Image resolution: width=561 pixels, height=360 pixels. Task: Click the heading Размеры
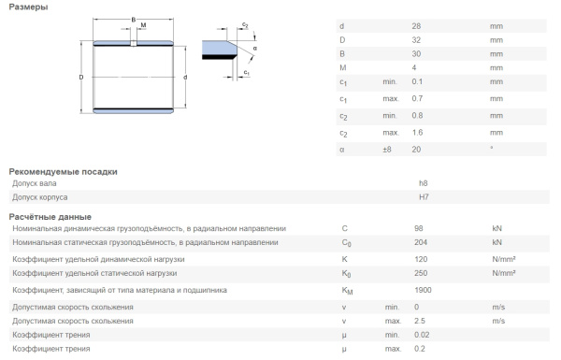pos(28,7)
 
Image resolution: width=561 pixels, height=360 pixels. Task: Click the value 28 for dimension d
pos(416,26)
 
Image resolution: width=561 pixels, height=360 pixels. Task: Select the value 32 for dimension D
pos(416,40)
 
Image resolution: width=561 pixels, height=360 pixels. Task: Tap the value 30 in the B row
pos(416,54)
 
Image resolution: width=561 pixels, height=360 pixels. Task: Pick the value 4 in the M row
pos(414,67)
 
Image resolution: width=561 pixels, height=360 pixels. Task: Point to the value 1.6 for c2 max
pos(417,133)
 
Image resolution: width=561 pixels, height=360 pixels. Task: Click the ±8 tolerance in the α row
pos(387,150)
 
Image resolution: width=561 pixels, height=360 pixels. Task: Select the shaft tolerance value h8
pos(424,183)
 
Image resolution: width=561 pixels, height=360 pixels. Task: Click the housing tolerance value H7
pos(424,197)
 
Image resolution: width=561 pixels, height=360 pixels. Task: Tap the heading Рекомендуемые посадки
pos(63,172)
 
